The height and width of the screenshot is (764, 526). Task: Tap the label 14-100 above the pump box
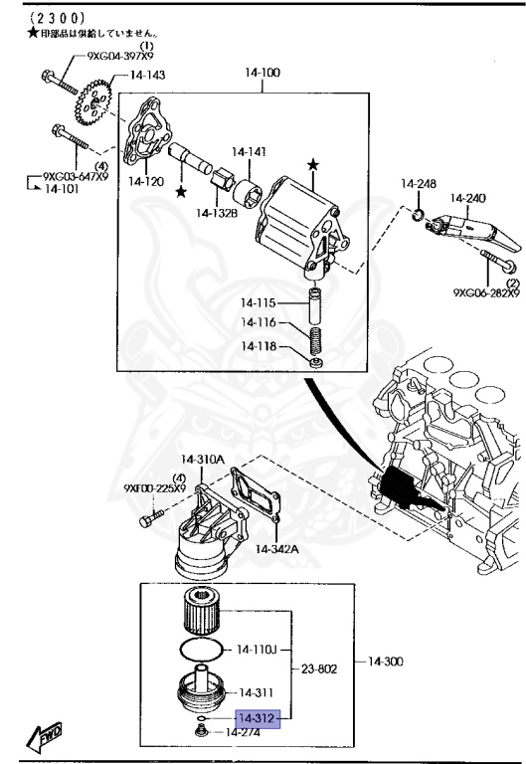[263, 73]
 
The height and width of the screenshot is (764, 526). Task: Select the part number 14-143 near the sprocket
[147, 75]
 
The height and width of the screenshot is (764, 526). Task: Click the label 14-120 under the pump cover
[146, 182]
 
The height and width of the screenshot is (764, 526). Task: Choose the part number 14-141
[250, 152]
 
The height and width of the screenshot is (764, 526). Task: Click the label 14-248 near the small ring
[419, 183]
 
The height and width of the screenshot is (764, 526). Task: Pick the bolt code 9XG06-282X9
[487, 293]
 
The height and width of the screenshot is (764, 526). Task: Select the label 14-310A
[203, 459]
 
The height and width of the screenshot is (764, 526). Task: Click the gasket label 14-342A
[278, 548]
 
